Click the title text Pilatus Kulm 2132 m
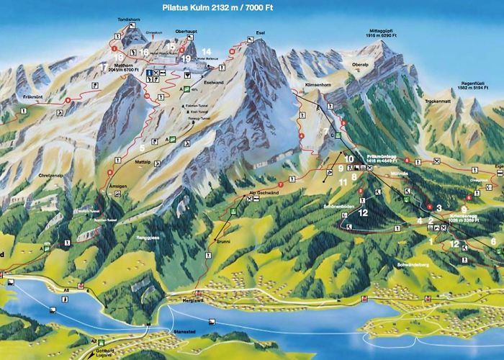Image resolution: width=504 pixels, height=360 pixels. [x=208, y=8]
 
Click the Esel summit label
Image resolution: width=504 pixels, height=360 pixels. [x=260, y=33]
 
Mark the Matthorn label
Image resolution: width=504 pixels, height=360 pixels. [x=116, y=63]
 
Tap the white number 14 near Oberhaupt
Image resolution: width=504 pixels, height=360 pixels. [x=206, y=50]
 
